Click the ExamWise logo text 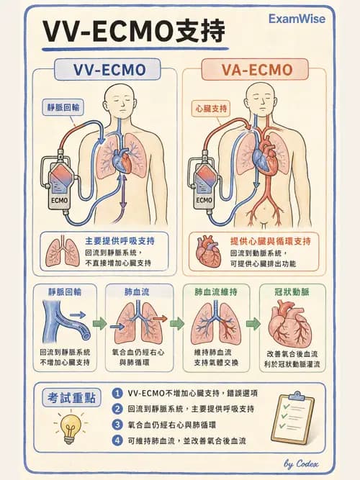click(297, 19)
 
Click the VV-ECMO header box click(107, 70)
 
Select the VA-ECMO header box click(255, 70)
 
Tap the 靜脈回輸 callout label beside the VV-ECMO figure click(63, 107)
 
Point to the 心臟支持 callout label click(212, 109)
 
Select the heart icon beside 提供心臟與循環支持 click(208, 252)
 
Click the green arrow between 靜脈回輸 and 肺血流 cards click(100, 324)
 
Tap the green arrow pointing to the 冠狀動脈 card click(253, 324)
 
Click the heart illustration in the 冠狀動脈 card click(290, 324)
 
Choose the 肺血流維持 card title click(216, 292)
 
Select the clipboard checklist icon click(293, 417)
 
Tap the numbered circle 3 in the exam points click(117, 425)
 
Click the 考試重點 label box click(71, 397)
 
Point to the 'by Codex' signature click(301, 463)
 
